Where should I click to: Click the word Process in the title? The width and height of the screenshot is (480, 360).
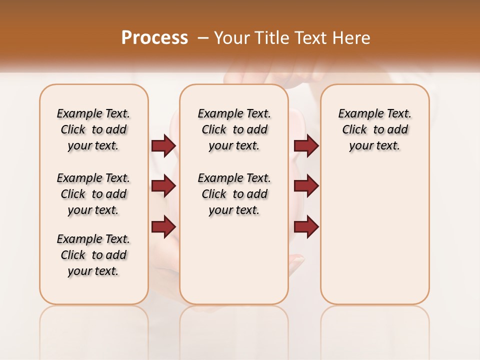tap(154, 38)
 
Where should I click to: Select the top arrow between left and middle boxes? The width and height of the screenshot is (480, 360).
tap(163, 145)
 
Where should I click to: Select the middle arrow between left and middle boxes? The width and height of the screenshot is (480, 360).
tap(163, 186)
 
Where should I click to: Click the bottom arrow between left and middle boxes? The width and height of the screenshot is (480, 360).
tap(163, 227)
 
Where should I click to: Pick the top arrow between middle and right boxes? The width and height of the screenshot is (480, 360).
tap(306, 145)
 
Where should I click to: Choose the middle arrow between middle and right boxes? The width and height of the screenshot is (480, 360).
tap(306, 186)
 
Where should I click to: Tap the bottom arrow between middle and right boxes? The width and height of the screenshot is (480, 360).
tap(306, 227)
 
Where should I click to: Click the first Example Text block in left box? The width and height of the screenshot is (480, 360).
tap(93, 129)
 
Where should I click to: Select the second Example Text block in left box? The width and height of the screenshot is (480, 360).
tap(93, 194)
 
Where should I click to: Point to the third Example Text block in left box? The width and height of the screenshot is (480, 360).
tap(93, 255)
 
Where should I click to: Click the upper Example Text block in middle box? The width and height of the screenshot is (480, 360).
tap(234, 129)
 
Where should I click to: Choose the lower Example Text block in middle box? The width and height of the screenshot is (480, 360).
tap(234, 194)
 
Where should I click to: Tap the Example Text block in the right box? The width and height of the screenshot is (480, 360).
tap(374, 129)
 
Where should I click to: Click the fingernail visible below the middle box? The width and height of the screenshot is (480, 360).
tap(297, 259)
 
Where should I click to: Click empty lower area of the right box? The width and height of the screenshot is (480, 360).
tap(374, 240)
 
